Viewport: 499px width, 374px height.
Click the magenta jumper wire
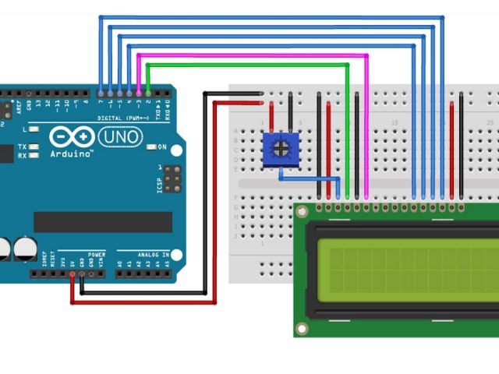(249, 55)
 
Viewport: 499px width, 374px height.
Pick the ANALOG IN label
(156, 253)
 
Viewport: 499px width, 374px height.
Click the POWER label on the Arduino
(97, 254)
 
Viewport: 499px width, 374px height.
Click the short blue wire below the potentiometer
(300, 178)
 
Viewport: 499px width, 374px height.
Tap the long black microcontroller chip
(102, 222)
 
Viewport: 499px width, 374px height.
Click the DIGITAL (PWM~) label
(121, 118)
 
